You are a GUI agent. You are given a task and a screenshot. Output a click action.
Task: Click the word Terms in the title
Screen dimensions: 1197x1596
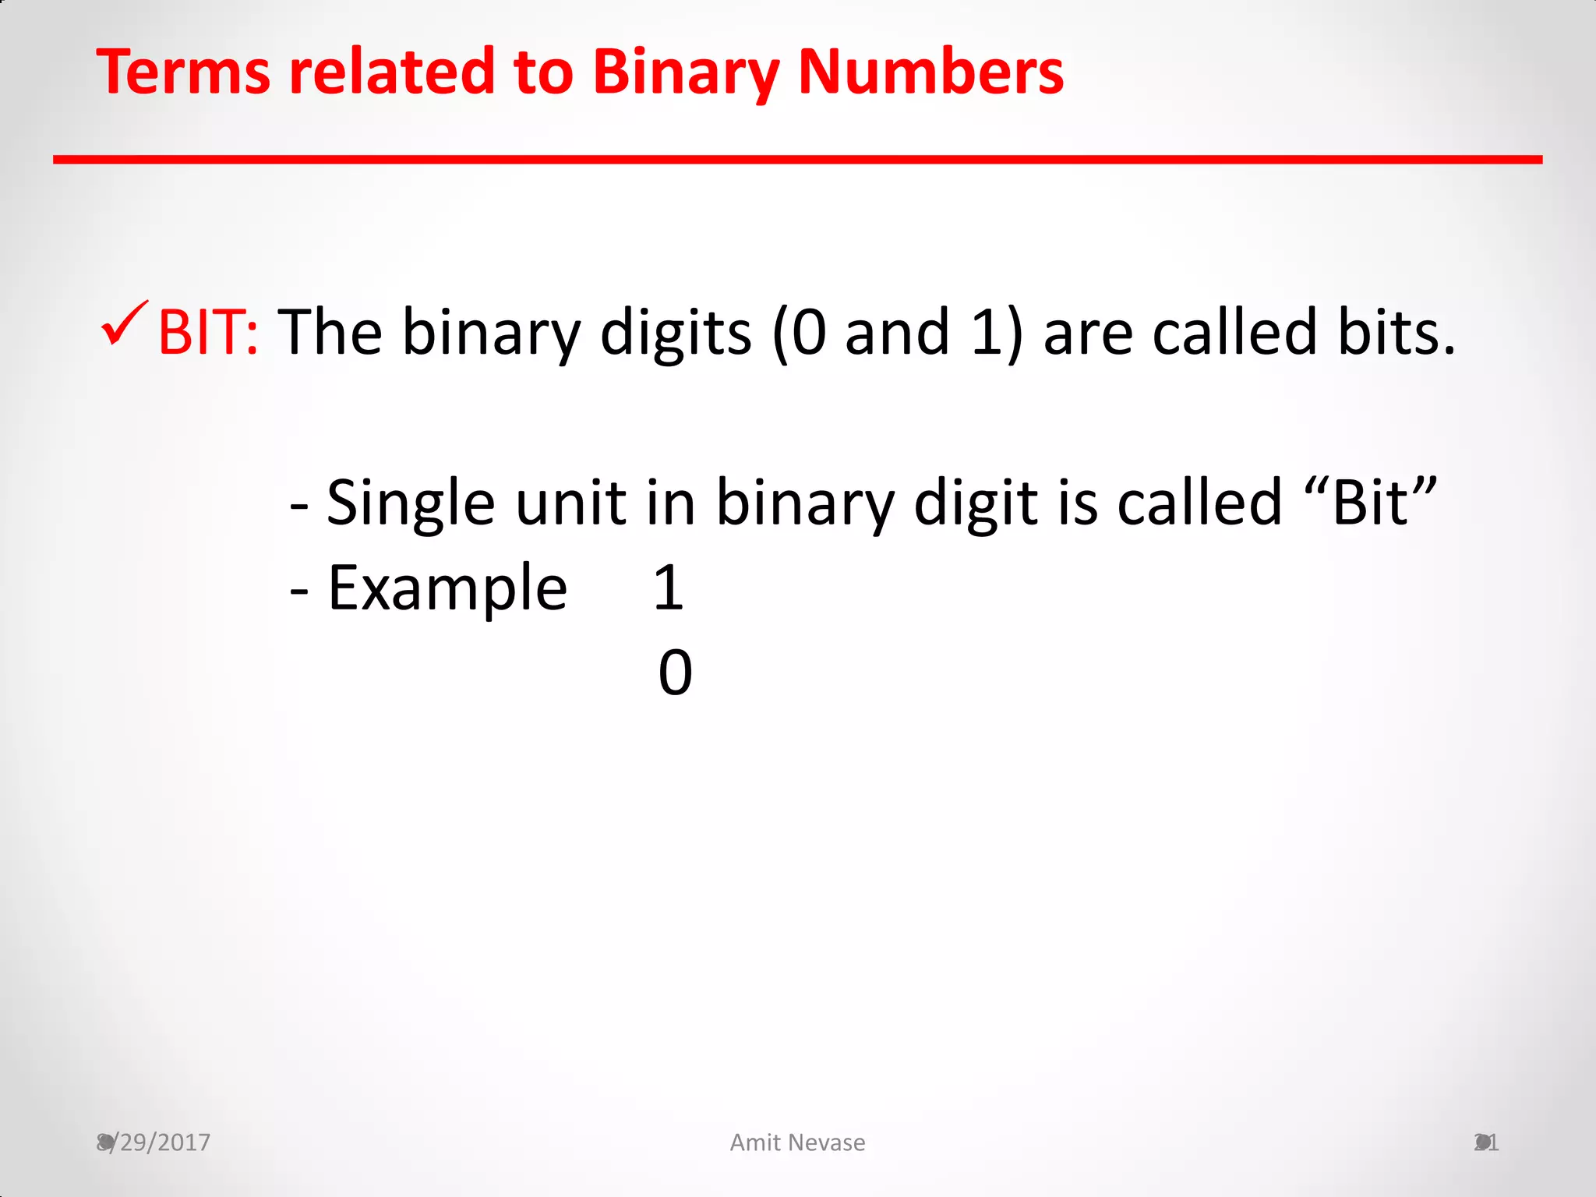(183, 72)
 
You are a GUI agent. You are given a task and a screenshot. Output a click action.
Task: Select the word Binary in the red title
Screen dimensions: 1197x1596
(686, 73)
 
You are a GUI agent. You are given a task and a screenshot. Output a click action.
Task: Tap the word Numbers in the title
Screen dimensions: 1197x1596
(931, 72)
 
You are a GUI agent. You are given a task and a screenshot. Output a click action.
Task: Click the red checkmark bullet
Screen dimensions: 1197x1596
(124, 323)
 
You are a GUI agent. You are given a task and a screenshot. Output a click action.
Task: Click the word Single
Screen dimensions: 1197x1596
(411, 503)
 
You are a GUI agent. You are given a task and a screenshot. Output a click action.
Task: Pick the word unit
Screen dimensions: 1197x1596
(570, 503)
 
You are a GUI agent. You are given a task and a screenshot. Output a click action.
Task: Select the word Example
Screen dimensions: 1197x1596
(447, 588)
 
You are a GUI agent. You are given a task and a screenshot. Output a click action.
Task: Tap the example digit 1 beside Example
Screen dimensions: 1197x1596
(669, 588)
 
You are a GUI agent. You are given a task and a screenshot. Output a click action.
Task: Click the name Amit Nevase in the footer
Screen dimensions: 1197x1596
(797, 1142)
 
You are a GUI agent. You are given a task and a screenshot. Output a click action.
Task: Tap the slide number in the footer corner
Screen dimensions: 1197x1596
(1486, 1142)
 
